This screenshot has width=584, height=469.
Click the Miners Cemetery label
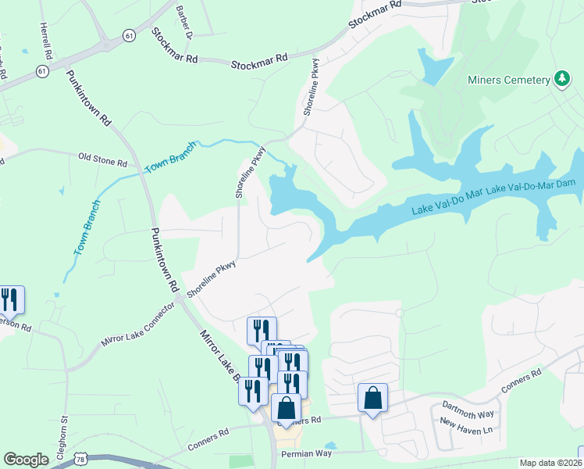pyautogui.click(x=508, y=79)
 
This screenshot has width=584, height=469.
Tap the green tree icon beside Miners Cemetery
pyautogui.click(x=561, y=78)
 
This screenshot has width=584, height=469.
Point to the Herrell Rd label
pyautogui.click(x=46, y=42)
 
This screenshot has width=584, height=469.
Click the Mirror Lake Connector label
pyautogui.click(x=137, y=329)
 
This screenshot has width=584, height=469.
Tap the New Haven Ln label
pyautogui.click(x=466, y=430)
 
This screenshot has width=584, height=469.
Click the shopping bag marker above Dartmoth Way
pyautogui.click(x=373, y=398)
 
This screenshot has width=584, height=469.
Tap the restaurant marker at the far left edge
pyautogui.click(x=10, y=300)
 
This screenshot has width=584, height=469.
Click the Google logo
pyautogui.click(x=26, y=460)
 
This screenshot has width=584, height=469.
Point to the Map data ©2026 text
pyautogui.click(x=550, y=463)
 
